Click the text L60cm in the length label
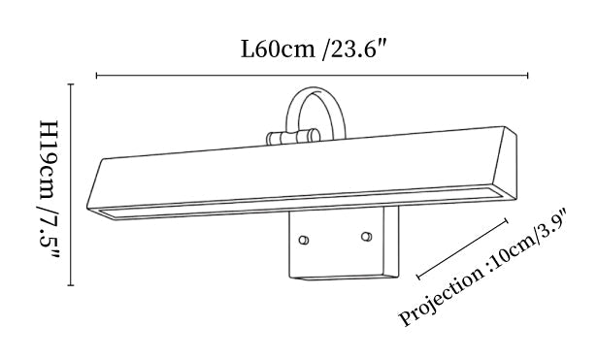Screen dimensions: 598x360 pyautogui.click(x=278, y=49)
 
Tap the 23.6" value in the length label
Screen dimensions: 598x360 pyautogui.click(x=355, y=49)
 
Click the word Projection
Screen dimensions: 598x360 pyautogui.click(x=442, y=298)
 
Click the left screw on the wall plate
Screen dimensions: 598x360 pyautogui.click(x=304, y=240)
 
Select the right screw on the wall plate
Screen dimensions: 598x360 pyautogui.click(x=367, y=237)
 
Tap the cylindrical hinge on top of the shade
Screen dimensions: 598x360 pyautogui.click(x=293, y=137)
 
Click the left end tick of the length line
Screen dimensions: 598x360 pyautogui.click(x=96, y=76)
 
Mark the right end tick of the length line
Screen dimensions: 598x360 pyautogui.click(x=528, y=75)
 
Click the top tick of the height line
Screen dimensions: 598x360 pyautogui.click(x=71, y=84)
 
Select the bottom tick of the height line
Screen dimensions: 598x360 pyautogui.click(x=71, y=285)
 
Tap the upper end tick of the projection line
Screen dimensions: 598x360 pyautogui.click(x=507, y=221)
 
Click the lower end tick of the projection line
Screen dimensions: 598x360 pyautogui.click(x=418, y=276)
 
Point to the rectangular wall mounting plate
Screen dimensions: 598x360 pyautogui.click(x=344, y=245)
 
